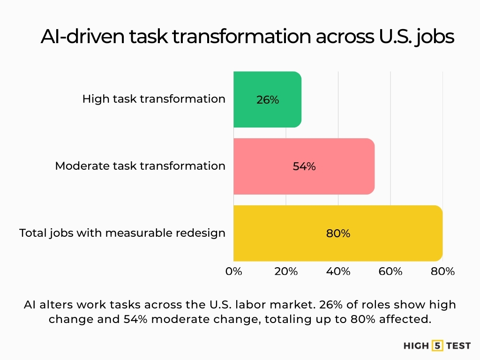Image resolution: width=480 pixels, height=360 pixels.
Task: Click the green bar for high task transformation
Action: [267, 99]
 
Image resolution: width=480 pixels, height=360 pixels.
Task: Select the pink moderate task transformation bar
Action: [304, 166]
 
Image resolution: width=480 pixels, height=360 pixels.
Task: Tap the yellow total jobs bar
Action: [337, 233]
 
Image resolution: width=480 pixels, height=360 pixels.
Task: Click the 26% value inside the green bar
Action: [268, 100]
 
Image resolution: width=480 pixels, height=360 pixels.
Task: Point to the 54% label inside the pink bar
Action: [304, 166]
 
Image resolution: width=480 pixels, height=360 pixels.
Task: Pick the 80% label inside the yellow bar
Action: [338, 233]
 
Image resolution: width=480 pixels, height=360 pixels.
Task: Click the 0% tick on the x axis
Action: [233, 271]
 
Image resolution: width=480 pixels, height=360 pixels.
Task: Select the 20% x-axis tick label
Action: [286, 271]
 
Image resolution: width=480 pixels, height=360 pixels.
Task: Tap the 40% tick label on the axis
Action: [338, 271]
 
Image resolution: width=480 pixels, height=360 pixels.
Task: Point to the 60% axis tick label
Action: [390, 271]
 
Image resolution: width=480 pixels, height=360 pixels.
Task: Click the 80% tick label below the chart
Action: [443, 271]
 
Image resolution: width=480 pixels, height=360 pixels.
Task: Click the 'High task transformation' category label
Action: [154, 99]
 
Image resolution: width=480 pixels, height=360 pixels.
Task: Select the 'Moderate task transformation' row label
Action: [140, 166]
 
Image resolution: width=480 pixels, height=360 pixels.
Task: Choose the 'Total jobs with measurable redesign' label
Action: [122, 233]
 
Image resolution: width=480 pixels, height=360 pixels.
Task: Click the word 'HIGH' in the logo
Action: [416, 346]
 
